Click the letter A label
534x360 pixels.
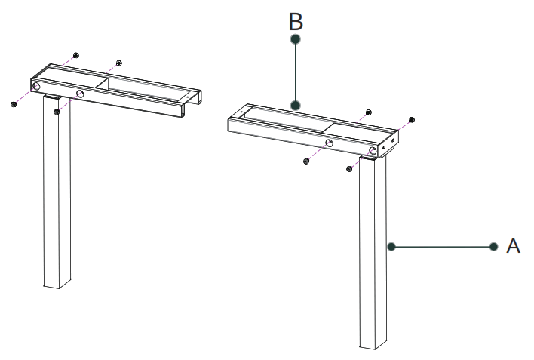click(x=513, y=246)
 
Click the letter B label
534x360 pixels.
click(x=296, y=21)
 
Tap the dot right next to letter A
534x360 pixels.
click(x=493, y=246)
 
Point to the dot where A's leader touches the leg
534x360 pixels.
click(x=391, y=246)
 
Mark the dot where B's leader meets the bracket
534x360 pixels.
click(x=296, y=105)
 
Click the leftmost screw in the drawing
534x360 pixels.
click(x=14, y=104)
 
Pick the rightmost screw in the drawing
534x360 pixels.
click(x=411, y=119)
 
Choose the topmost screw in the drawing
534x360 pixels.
click(x=76, y=56)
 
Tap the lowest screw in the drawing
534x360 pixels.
click(x=350, y=168)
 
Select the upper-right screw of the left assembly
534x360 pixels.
click(x=119, y=63)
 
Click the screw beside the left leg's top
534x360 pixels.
click(x=57, y=112)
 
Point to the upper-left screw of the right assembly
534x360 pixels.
click(x=367, y=112)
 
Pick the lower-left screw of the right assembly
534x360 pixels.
click(x=306, y=160)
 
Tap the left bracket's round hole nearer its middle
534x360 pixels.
click(x=79, y=94)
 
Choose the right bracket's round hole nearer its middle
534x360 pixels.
click(x=329, y=143)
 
